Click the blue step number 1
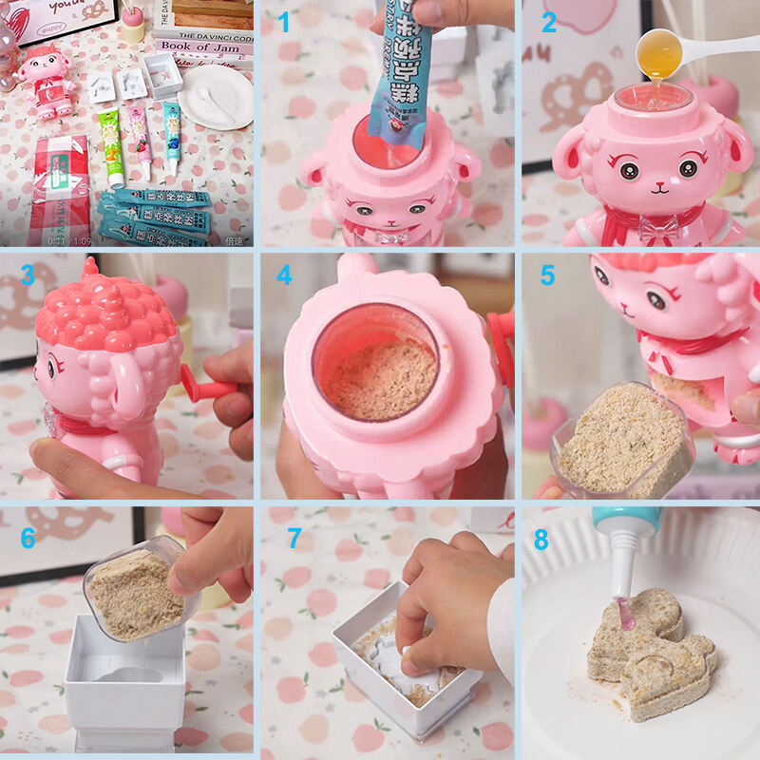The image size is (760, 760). tap(284, 23)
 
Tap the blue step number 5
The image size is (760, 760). tap(547, 275)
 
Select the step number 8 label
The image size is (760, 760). tap(541, 541)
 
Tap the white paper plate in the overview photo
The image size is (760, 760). tap(216, 97)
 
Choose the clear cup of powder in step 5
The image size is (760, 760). tap(622, 442)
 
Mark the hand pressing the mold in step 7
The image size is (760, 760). tap(451, 598)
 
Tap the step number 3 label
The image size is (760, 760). tap(28, 275)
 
